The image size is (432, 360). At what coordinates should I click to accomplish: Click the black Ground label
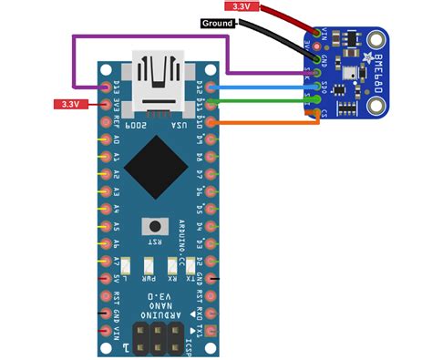pos(218,22)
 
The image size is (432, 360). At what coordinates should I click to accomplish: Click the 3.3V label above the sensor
pos(241,6)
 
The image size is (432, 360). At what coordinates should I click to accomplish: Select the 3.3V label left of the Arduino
pos(70,104)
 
